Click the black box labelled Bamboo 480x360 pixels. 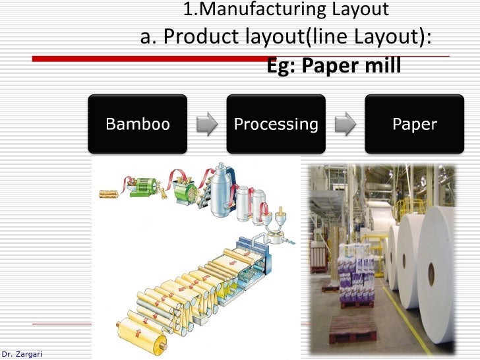[138, 124]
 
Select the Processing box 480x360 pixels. [276, 124]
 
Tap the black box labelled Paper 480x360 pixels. [414, 124]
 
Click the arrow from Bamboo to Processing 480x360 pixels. [207, 124]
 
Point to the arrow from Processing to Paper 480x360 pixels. [345, 124]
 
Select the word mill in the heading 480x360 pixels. [380, 67]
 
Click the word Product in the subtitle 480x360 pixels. [201, 38]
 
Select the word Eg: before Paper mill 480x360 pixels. [282, 67]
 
